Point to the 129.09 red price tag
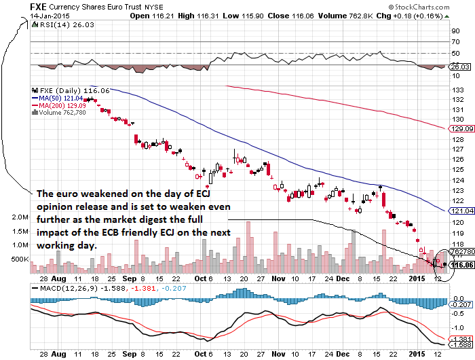click(461, 128)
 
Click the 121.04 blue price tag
click(461, 211)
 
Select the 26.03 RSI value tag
click(461, 67)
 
